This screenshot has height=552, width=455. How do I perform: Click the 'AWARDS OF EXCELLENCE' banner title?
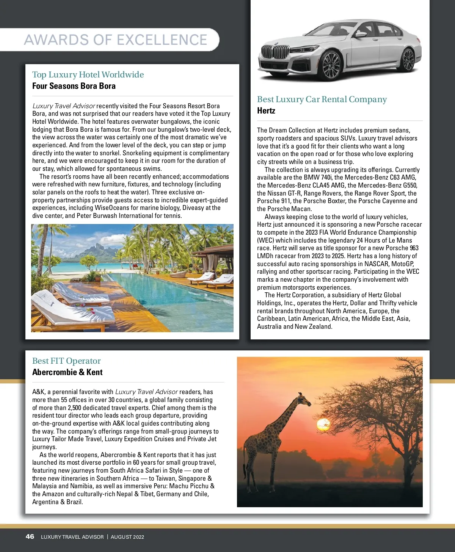click(x=116, y=40)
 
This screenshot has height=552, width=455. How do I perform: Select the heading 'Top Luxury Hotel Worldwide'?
click(x=88, y=74)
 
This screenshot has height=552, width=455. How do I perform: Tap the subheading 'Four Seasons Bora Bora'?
click(x=74, y=86)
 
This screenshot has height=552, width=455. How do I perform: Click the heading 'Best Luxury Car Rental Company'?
click(x=322, y=99)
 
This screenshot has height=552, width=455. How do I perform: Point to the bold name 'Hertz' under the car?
click(x=266, y=111)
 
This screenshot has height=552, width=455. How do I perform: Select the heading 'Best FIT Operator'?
click(x=66, y=361)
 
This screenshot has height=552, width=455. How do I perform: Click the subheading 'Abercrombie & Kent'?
click(x=67, y=372)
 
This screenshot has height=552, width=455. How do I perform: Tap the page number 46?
click(x=30, y=536)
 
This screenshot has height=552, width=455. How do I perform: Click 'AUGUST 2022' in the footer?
click(x=127, y=537)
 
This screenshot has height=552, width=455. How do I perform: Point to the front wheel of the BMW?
click(x=331, y=65)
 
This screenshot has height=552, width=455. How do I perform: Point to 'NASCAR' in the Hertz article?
click(x=376, y=264)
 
